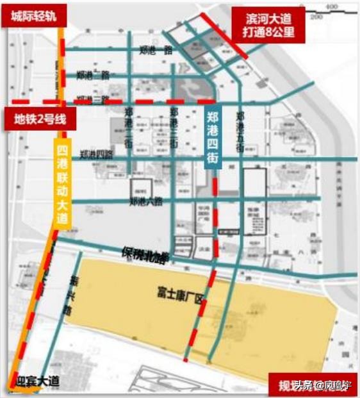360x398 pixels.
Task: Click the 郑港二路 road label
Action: tap(92, 74)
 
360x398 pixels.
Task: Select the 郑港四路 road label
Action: tap(96, 154)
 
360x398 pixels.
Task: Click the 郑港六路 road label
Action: tap(145, 201)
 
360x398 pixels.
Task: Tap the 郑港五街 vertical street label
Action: tap(240, 131)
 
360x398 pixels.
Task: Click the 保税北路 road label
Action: tap(144, 255)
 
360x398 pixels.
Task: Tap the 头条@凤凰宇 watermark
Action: tap(323, 385)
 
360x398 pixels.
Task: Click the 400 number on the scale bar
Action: tap(331, 6)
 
